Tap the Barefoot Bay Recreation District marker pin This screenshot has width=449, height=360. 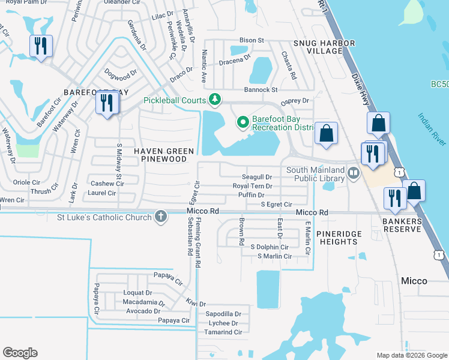[x=243, y=122]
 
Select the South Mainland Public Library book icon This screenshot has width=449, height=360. [x=354, y=173]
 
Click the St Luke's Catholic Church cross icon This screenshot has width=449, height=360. [x=160, y=217]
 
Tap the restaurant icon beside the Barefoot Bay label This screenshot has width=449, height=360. [x=107, y=103]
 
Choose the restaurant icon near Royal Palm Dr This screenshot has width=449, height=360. [x=41, y=46]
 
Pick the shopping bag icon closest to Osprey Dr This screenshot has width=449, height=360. [x=326, y=134]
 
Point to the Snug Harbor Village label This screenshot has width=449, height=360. [x=324, y=47]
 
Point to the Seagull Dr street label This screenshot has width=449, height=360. [x=257, y=177]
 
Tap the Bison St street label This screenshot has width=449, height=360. [x=252, y=40]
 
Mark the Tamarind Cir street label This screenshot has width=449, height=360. [x=223, y=332]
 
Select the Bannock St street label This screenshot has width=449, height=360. [x=260, y=89]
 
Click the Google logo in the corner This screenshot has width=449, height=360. [x=20, y=352]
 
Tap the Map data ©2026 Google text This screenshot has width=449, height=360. [x=412, y=355]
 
